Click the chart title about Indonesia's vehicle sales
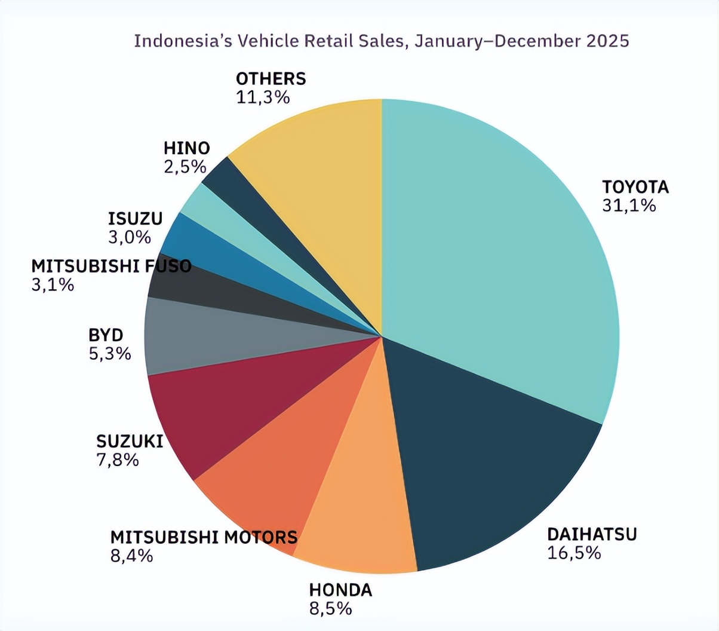tap(381, 41)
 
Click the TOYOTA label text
tap(635, 187)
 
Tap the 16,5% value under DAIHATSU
tap(574, 552)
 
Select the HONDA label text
tap(340, 590)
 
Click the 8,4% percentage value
tap(131, 556)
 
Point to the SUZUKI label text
tap(130, 442)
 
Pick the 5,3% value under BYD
tap(110, 354)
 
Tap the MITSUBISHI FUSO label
tap(111, 266)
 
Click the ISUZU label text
tap(135, 219)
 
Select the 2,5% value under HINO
tap(185, 167)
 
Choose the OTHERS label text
tap(271, 78)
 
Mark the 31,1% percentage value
tap(629, 206)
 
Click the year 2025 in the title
tap(607, 41)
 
